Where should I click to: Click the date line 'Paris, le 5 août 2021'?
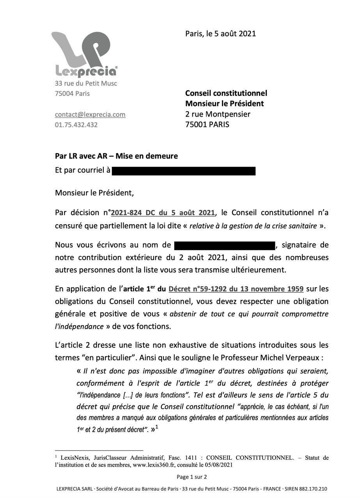(x=220, y=34)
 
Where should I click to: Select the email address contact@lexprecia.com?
(x=90, y=115)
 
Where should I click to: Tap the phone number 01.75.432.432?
(x=76, y=125)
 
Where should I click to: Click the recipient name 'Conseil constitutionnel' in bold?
(x=226, y=93)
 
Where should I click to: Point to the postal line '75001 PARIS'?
(x=207, y=125)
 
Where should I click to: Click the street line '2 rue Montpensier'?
(x=218, y=114)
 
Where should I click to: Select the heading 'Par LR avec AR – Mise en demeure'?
(x=116, y=156)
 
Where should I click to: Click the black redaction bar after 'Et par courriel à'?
(x=184, y=171)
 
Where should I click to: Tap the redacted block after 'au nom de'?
(x=225, y=245)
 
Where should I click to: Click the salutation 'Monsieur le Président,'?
(x=94, y=193)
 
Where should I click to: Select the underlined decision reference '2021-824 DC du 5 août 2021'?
(x=163, y=213)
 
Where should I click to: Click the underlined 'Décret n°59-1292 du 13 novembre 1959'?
(x=236, y=289)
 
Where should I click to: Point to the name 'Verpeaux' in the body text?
(x=307, y=357)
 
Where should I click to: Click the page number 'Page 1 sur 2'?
(x=192, y=477)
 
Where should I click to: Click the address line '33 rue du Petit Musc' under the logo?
(x=86, y=83)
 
